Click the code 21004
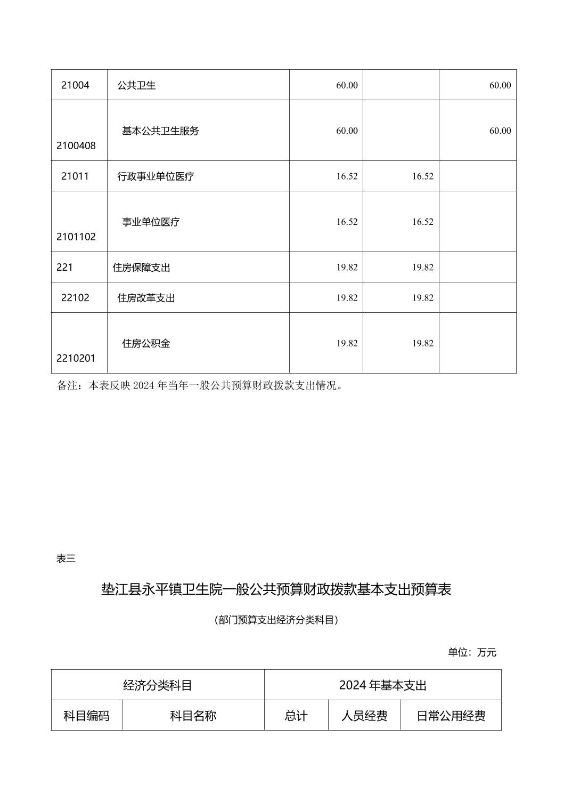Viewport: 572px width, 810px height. click(75, 85)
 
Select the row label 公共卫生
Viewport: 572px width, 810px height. click(136, 85)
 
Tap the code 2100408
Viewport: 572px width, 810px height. click(76, 146)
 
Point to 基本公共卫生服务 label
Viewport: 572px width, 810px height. click(160, 131)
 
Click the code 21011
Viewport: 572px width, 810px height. click(75, 176)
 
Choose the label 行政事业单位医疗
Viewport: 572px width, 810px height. click(156, 176)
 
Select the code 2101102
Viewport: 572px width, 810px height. click(76, 237)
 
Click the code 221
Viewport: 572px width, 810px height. click(64, 268)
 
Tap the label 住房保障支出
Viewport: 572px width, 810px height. click(141, 268)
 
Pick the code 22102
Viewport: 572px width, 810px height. click(75, 298)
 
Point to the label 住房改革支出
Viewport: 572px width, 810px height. click(146, 298)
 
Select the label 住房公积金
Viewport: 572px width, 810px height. click(146, 344)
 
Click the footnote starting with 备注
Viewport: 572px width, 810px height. click(200, 385)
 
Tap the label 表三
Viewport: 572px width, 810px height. click(66, 558)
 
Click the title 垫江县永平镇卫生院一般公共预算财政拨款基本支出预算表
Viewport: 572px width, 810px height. click(276, 589)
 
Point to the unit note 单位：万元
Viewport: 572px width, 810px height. click(472, 652)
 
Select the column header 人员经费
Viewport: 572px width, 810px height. click(364, 716)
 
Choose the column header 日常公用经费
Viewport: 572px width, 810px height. click(451, 716)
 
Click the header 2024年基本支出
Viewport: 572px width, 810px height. click(382, 685)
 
